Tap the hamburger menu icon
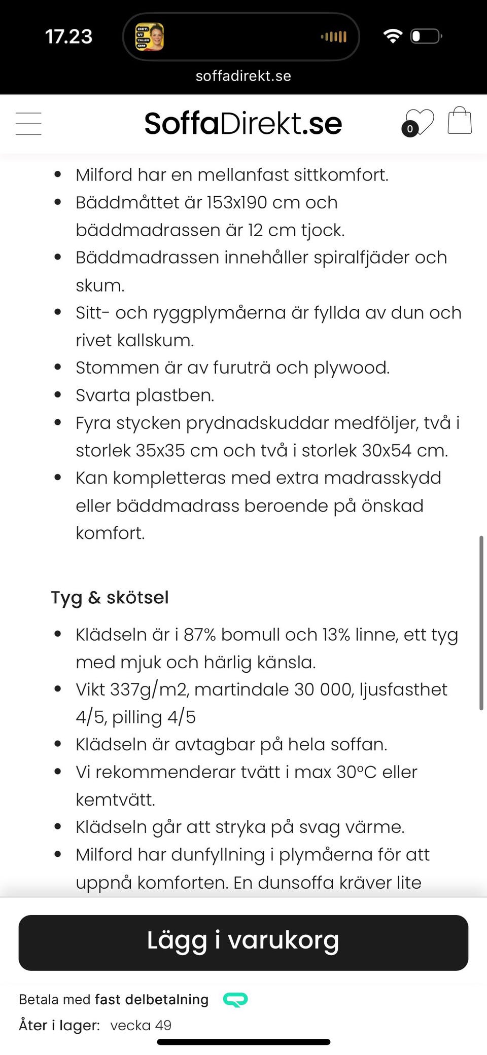click(28, 124)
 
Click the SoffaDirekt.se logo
click(243, 124)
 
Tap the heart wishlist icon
click(419, 123)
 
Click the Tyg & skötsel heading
click(110, 597)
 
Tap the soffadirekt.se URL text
click(243, 76)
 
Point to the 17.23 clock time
click(68, 37)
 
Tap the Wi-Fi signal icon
click(393, 36)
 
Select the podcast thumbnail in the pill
click(149, 37)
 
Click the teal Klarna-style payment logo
click(235, 999)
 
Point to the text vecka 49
click(141, 1025)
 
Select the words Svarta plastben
click(145, 395)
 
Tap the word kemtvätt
click(115, 800)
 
